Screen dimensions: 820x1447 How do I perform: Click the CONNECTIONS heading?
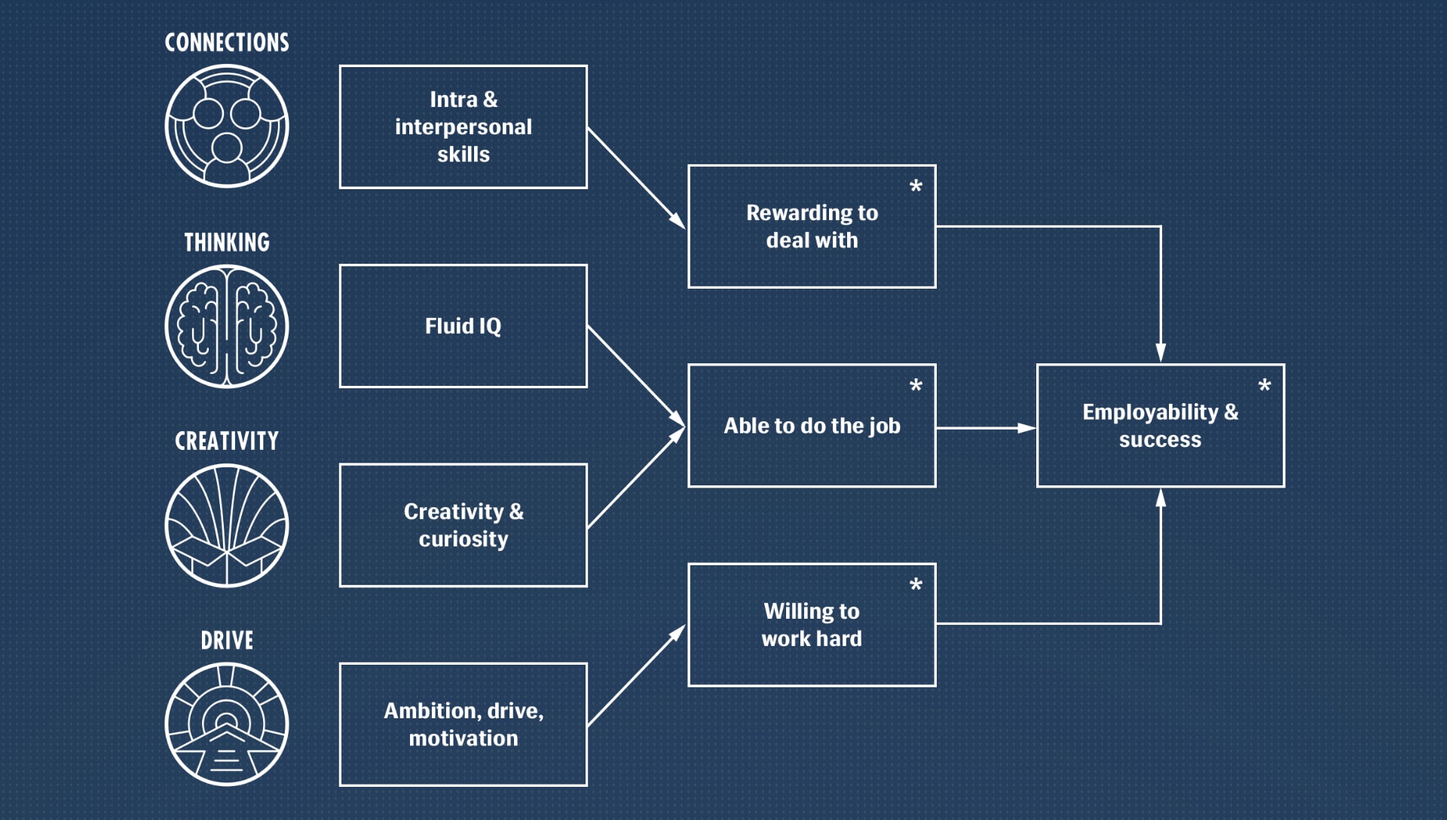[227, 42]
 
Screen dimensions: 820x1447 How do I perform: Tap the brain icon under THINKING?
[227, 326]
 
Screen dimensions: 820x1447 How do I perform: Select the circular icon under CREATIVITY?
[227, 525]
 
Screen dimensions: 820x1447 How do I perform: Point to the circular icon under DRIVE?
[227, 724]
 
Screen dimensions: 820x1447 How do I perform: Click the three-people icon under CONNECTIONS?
[227, 126]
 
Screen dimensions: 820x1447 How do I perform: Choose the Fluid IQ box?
[463, 326]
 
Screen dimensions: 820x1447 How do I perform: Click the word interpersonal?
[463, 127]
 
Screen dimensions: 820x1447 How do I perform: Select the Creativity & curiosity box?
[463, 525]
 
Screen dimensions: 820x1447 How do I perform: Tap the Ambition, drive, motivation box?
[463, 724]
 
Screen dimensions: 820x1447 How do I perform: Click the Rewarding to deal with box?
[812, 226]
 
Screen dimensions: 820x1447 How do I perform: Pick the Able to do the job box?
[812, 426]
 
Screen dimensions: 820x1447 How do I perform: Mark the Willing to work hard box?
[812, 625]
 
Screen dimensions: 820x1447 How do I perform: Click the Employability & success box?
[1160, 426]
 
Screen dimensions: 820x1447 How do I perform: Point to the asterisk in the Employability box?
[1265, 386]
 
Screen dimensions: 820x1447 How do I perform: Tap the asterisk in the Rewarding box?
[916, 187]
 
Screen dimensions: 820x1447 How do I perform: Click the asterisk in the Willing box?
[916, 585]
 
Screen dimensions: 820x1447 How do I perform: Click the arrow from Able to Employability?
[986, 428]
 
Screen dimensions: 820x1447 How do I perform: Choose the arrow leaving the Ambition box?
[635, 676]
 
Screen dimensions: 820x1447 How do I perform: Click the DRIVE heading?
[227, 641]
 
